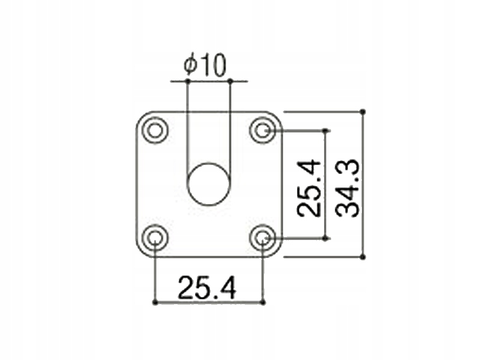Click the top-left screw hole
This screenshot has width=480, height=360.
coord(155,130)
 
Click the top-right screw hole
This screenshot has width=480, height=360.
coord(263,130)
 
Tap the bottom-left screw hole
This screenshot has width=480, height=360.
coord(155,238)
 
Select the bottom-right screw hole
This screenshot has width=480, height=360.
coord(263,238)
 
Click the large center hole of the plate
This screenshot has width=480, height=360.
coord(209,184)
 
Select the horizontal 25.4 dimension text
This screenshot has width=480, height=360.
coord(206,289)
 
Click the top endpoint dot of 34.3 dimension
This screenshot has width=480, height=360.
coord(363,112)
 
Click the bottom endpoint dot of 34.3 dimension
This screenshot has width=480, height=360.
coord(363,257)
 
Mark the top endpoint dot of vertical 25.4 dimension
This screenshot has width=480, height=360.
coord(326,130)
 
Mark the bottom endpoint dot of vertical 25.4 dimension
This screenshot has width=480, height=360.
coord(326,238)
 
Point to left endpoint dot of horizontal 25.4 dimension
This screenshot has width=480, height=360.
coord(155,302)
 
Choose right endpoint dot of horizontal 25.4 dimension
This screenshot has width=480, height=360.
coord(263,302)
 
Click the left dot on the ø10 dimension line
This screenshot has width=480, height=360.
coord(187,80)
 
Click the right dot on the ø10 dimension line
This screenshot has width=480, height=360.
coord(230,80)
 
